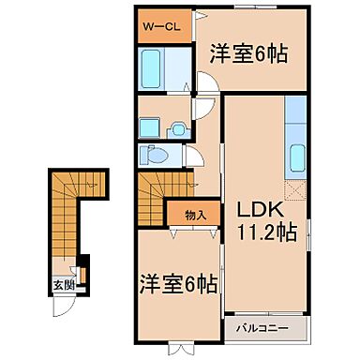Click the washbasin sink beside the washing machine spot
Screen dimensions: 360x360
(x=172, y=127)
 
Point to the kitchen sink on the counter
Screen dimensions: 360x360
(x=296, y=157)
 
